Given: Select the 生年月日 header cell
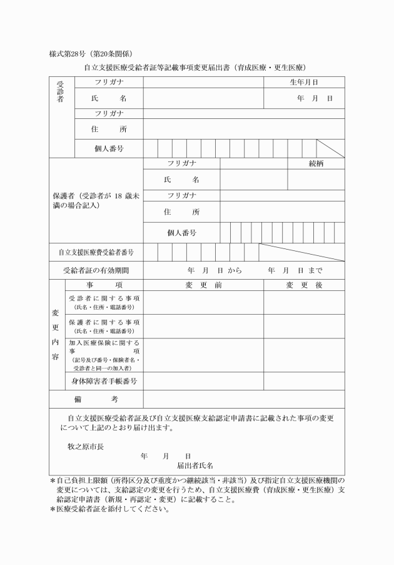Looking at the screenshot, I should pos(304,82).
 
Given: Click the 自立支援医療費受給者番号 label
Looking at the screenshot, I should pos(96,252).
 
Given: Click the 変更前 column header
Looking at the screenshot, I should pos(203,285).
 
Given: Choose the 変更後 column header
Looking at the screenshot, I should pos(304,285).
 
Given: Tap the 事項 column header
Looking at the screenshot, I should pos(104,285).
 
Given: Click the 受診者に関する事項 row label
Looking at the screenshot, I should pos(104,302).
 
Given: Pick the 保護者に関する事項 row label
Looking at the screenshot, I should pos(104,325).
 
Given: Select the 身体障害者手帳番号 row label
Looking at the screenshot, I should pos(104,380).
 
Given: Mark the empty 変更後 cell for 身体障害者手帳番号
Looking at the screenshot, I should pos(304,380).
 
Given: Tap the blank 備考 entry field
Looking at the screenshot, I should pos(244,399).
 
